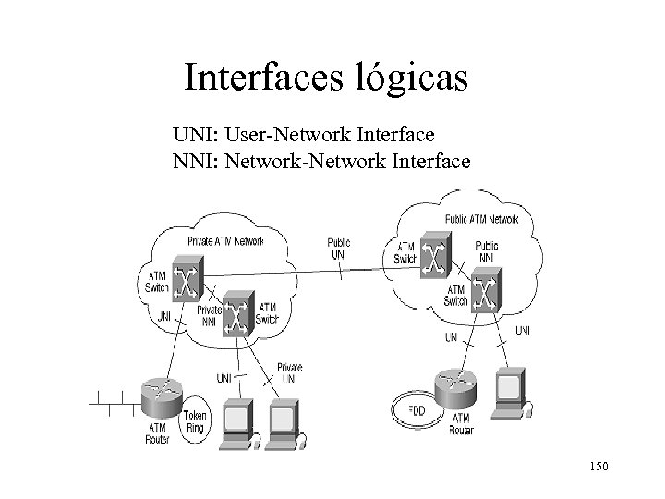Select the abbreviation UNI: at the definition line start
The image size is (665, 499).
[x=195, y=137]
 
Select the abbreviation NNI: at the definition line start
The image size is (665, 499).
[x=196, y=163]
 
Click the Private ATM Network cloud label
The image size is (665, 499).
[x=225, y=241]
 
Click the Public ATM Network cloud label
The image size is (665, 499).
[x=482, y=221]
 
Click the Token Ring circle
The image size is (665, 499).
[x=196, y=421]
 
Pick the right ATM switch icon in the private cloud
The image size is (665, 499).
[x=238, y=316]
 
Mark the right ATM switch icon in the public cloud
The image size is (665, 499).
[x=484, y=294]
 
